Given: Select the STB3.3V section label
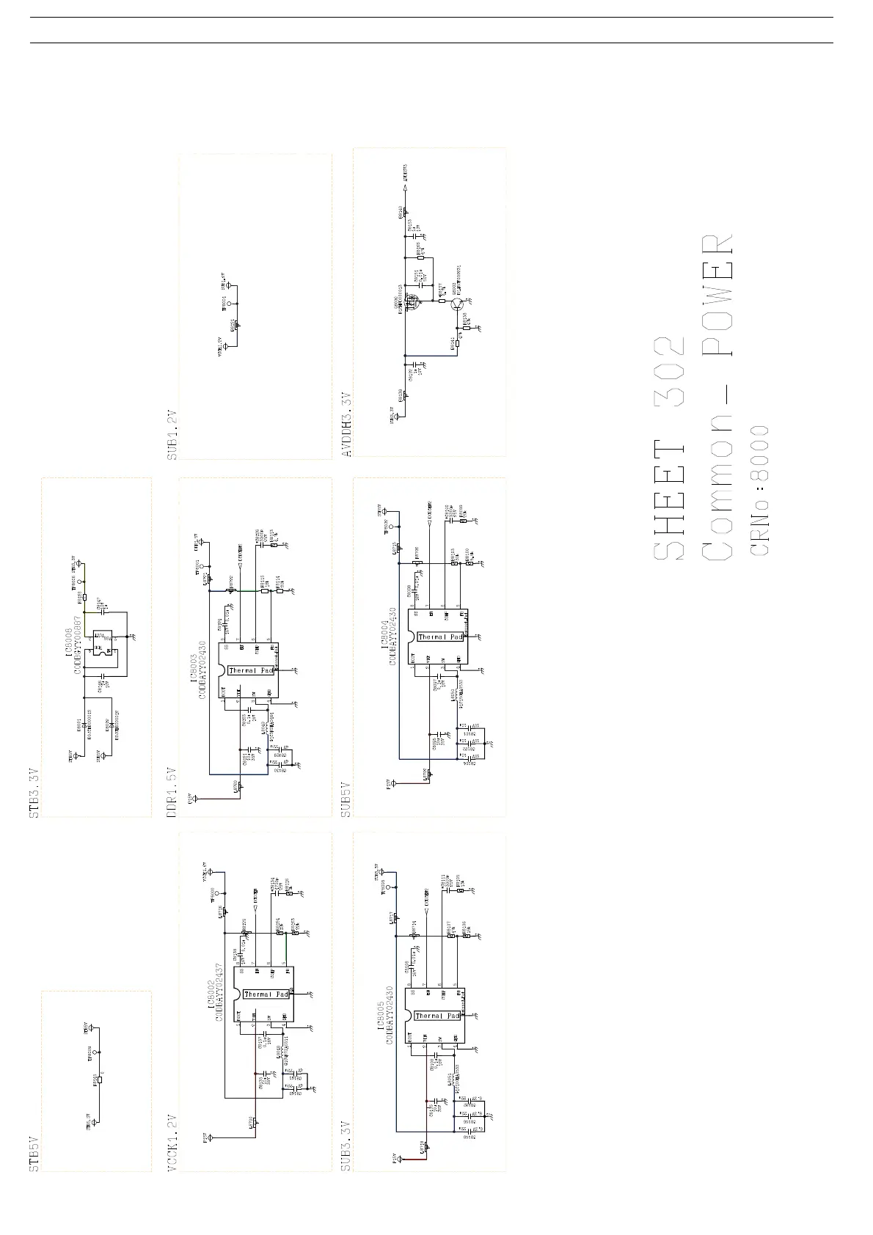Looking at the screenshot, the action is tap(34, 793).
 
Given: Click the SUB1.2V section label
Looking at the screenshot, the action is tap(172, 434).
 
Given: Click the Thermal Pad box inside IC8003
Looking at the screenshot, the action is tap(251, 670).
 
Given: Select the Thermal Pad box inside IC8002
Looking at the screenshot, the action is tap(266, 994).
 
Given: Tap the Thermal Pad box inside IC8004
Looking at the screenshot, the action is tap(440, 637).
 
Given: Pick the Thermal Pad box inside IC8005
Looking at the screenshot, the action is tap(437, 1016).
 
